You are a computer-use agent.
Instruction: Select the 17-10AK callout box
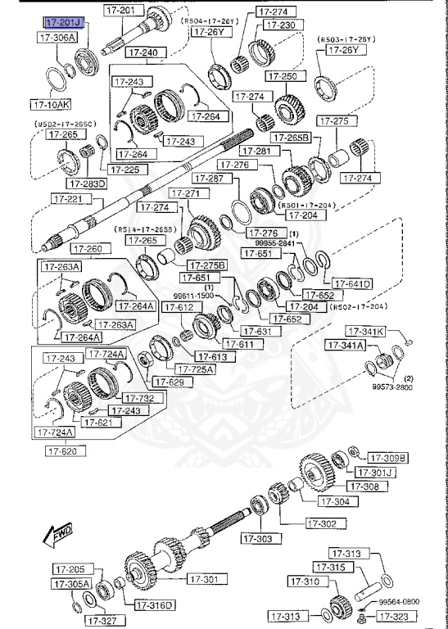52,105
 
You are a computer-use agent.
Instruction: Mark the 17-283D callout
90,183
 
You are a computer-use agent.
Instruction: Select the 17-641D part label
352,283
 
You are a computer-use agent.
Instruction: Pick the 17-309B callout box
387,457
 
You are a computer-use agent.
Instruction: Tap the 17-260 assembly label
88,249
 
